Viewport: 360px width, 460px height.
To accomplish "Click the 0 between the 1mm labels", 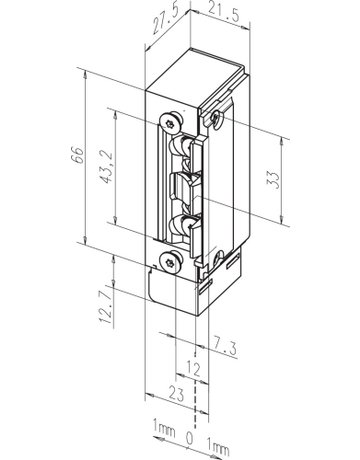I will (x=188, y=439).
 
